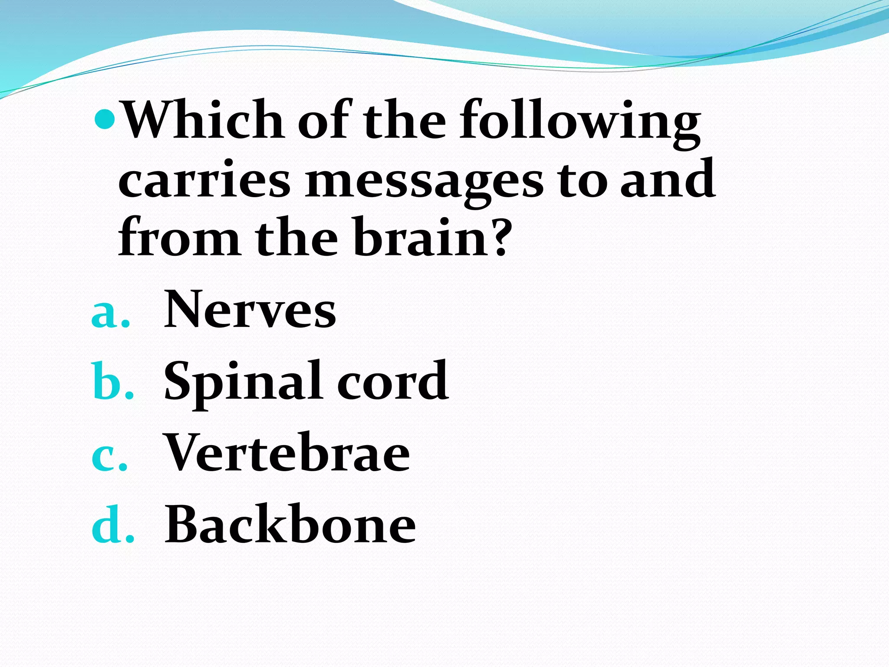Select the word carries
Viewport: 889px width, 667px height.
pyautogui.click(x=204, y=180)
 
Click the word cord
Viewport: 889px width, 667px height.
pyautogui.click(x=393, y=381)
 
